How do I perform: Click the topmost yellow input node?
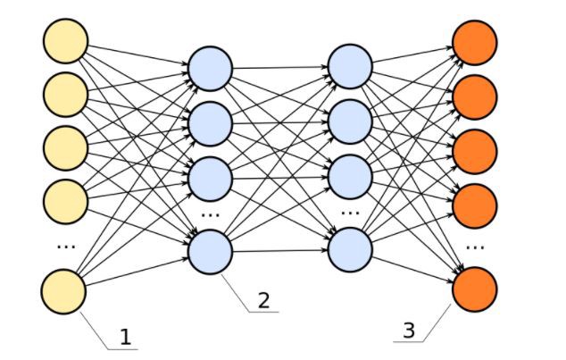[65, 41]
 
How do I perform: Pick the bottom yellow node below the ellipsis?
[65, 292]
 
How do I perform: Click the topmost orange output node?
[474, 41]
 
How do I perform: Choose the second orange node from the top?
[474, 94]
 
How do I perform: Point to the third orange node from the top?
[474, 150]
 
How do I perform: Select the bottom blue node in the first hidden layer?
[211, 251]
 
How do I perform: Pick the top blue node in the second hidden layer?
[349, 67]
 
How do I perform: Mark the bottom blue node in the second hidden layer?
[349, 249]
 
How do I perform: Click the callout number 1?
[125, 338]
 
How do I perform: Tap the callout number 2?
[263, 300]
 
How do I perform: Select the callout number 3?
[409, 329]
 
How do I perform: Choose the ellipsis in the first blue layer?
[211, 214]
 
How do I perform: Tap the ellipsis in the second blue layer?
[349, 213]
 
